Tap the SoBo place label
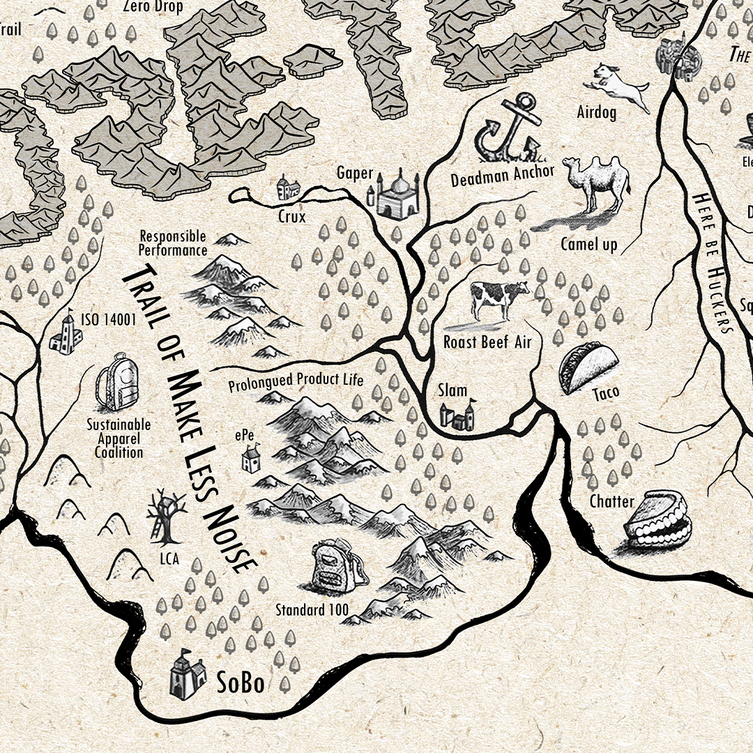pos(240,683)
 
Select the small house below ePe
pos(250,459)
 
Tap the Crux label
pos(291,217)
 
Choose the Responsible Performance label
pos(172,243)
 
